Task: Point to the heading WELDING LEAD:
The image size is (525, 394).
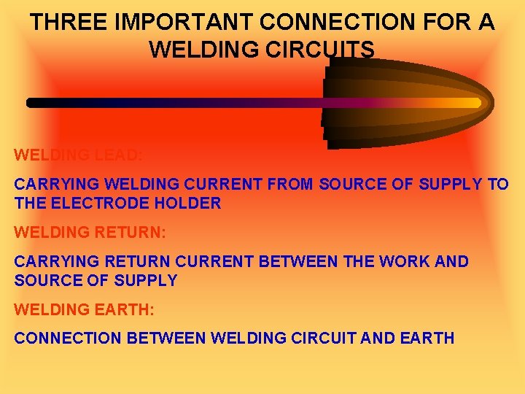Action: (x=79, y=155)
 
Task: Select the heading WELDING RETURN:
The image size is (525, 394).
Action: (x=90, y=232)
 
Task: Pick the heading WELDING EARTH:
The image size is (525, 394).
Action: (x=85, y=309)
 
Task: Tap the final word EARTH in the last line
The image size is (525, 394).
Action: (x=429, y=338)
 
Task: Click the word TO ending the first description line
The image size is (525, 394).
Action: (x=498, y=184)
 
